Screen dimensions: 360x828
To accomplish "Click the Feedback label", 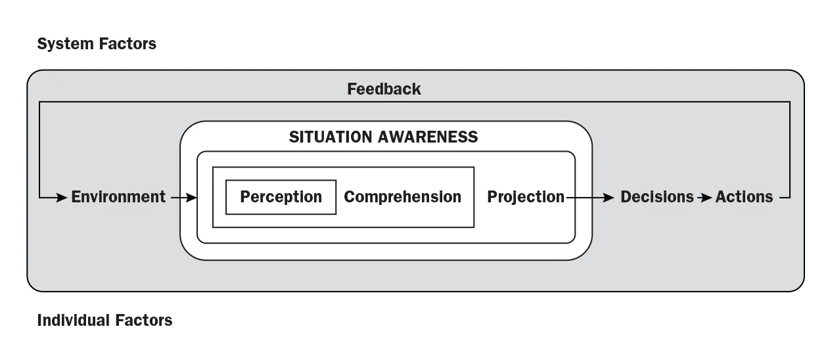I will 384,89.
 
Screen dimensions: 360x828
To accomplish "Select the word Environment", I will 118,196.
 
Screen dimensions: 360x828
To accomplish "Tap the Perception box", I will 281,197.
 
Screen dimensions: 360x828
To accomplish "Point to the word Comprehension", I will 402,197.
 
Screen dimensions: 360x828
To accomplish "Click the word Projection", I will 525,196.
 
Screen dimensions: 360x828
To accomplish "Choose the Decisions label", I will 656,196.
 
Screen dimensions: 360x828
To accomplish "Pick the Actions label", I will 744,196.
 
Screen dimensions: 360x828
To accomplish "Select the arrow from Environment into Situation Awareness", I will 184,196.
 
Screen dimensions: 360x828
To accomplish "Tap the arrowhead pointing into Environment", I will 62,196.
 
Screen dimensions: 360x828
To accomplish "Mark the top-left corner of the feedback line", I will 40,102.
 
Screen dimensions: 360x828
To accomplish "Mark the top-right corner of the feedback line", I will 790,102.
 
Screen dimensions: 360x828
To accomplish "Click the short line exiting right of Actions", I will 783,196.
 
